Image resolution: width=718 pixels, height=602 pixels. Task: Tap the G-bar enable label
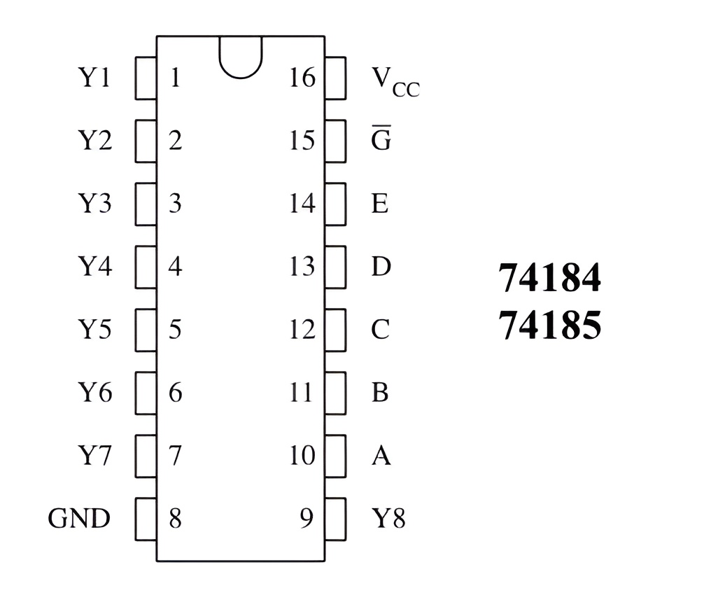click(381, 140)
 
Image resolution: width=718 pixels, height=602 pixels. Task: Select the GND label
click(79, 519)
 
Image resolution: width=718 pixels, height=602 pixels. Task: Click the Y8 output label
click(388, 519)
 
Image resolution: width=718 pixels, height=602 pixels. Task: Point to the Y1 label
click(94, 77)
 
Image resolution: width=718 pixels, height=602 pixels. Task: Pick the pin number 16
click(302, 77)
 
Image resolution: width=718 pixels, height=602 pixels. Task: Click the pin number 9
click(307, 519)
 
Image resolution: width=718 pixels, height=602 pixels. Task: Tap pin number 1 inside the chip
click(175, 77)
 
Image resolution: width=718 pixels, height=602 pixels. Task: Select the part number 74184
click(549, 279)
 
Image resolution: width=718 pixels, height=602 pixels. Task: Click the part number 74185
click(549, 325)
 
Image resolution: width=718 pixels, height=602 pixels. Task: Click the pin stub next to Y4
click(145, 267)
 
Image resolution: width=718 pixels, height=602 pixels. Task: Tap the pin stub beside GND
click(145, 519)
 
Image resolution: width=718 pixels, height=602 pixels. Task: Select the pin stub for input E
click(335, 204)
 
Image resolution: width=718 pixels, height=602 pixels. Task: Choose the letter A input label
click(381, 456)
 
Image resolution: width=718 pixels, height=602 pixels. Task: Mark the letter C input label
click(380, 329)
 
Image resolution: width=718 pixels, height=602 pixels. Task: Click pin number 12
click(302, 329)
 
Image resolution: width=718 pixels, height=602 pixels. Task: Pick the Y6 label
click(94, 393)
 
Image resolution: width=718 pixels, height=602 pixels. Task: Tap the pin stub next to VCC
click(335, 78)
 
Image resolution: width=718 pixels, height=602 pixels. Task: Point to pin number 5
click(175, 329)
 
